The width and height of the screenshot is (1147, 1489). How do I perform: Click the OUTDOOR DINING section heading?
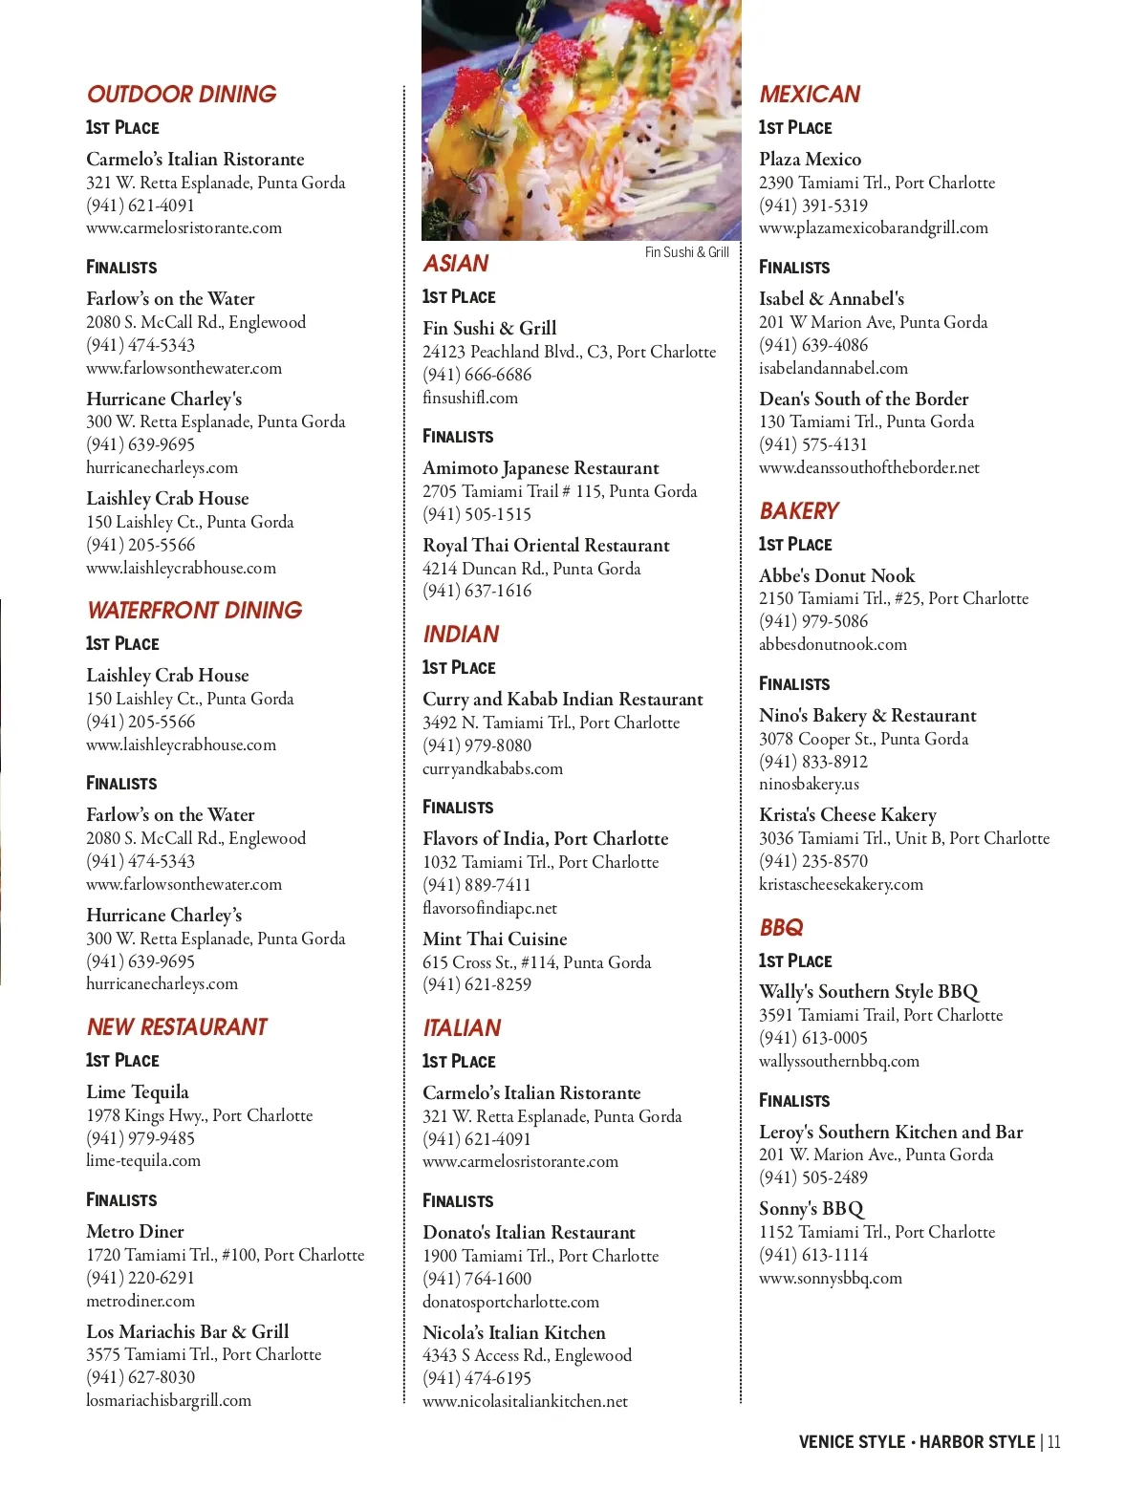tap(182, 95)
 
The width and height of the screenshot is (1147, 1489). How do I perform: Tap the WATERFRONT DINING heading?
tap(194, 611)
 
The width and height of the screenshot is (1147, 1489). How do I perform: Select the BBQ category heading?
tap(781, 928)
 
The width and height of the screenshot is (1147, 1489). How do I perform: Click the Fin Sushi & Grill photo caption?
tap(686, 252)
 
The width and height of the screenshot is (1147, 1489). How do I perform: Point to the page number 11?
tap(1053, 1442)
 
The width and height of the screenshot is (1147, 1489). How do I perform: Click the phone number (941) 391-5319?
tap(813, 205)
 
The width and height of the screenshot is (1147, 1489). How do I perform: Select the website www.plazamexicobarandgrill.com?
tap(874, 228)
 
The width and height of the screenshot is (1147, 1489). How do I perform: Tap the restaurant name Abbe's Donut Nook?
tap(836, 576)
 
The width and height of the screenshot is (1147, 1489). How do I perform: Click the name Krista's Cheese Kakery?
tap(847, 815)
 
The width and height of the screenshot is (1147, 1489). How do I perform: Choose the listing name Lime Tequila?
tap(138, 1092)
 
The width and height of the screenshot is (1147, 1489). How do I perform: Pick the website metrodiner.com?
tap(141, 1301)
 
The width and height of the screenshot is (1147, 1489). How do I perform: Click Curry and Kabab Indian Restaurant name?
tap(562, 700)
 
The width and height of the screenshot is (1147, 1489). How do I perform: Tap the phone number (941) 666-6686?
tap(477, 375)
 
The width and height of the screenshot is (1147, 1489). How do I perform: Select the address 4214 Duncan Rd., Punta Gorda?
tap(531, 569)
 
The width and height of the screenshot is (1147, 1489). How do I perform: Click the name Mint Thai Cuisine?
tap(495, 939)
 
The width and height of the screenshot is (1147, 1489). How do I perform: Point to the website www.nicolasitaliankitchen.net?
tap(525, 1401)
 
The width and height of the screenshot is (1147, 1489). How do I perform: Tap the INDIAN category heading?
tap(461, 635)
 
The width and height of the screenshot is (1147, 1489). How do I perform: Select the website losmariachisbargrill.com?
tap(168, 1400)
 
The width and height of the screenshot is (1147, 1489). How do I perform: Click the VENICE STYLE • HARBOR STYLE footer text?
tap(917, 1442)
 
